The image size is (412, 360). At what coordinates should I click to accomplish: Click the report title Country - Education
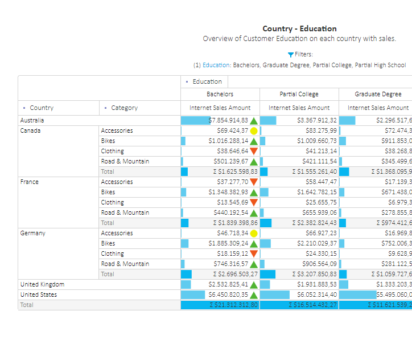(299, 28)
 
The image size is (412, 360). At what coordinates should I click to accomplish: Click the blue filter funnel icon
(291, 55)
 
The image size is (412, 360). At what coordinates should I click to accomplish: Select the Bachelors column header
(220, 94)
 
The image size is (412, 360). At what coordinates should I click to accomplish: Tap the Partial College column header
(299, 94)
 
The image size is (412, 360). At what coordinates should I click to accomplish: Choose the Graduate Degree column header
(377, 94)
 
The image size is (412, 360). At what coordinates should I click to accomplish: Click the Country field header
(42, 108)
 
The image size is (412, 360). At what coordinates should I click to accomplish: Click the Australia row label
(32, 120)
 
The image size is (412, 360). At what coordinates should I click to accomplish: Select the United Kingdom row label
(42, 284)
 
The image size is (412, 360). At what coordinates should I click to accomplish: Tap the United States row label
(38, 294)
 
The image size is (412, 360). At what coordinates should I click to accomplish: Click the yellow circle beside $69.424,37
(254, 131)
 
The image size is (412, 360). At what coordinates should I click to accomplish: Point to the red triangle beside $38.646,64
(254, 152)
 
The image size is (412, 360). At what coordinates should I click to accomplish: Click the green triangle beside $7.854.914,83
(254, 121)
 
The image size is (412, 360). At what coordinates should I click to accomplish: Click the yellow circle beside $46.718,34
(254, 234)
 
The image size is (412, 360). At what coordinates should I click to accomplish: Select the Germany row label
(33, 233)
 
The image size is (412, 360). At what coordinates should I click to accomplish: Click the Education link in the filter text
(216, 65)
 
